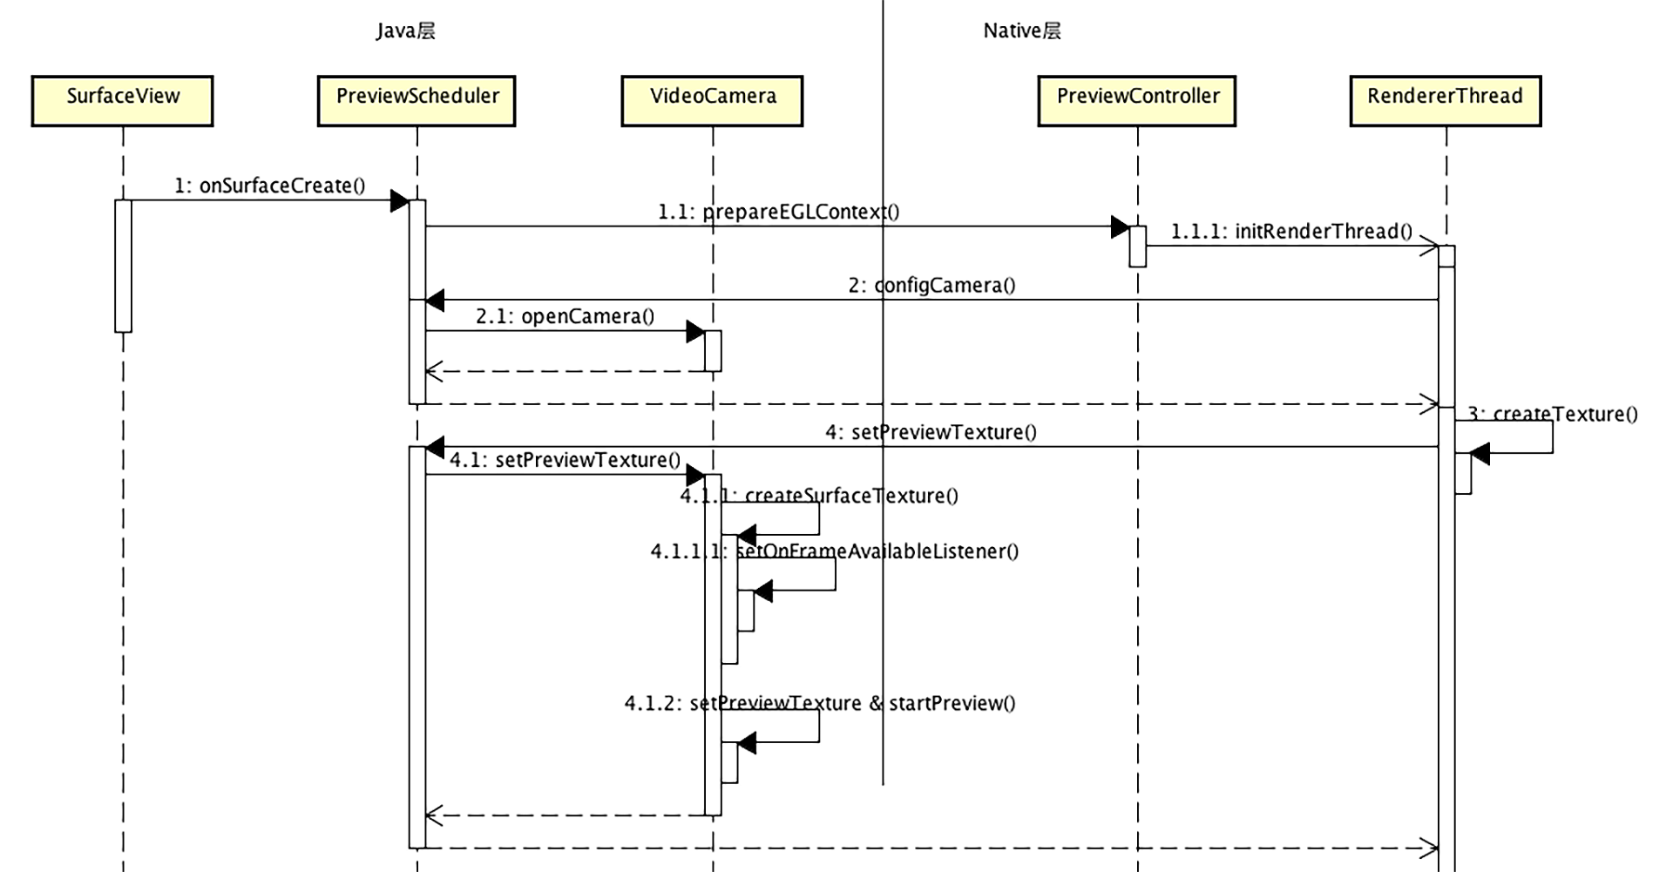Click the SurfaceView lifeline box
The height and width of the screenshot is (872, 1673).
(x=122, y=101)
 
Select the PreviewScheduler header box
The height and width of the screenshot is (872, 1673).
(x=417, y=101)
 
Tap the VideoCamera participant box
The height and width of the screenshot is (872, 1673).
(x=712, y=101)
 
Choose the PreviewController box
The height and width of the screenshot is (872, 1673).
(x=1137, y=101)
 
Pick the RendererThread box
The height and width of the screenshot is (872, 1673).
(x=1445, y=101)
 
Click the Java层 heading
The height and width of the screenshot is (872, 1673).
(x=406, y=31)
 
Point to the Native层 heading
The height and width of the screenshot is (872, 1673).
(x=1022, y=31)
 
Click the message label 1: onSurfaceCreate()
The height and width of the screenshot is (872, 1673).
(x=270, y=186)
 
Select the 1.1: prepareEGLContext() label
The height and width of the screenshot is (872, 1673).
(x=778, y=212)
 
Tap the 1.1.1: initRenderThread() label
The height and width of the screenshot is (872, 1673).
(x=1291, y=232)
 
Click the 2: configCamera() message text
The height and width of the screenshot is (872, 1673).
(x=931, y=286)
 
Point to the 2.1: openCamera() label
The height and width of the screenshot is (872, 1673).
(x=565, y=316)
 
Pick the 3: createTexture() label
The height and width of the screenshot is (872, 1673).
(x=1553, y=415)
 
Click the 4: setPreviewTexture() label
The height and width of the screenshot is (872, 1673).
(x=931, y=432)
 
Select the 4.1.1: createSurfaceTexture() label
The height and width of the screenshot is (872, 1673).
(x=819, y=496)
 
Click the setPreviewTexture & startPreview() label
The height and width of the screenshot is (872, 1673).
(x=819, y=703)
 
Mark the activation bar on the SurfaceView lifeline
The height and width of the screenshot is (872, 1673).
(x=123, y=266)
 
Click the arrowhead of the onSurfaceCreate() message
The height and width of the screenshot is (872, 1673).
(x=399, y=201)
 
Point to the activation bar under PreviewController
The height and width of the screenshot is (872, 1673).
(x=1137, y=247)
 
